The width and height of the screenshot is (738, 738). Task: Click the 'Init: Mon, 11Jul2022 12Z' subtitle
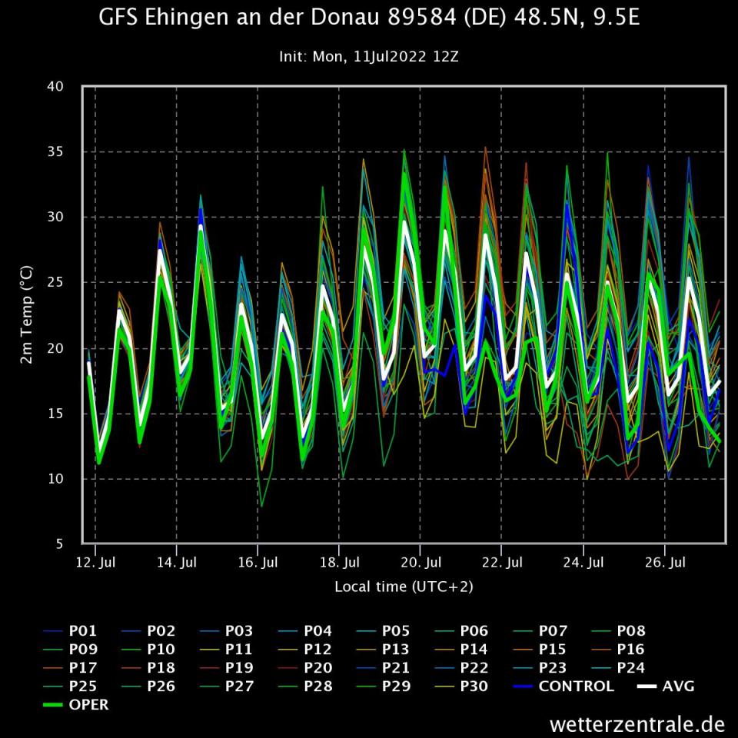click(x=369, y=56)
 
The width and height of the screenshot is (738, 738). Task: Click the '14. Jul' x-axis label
click(x=177, y=562)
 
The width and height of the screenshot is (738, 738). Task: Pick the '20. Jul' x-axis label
click(x=421, y=562)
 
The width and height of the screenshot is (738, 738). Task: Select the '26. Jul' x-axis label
click(x=665, y=562)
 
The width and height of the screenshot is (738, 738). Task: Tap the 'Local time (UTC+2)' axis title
click(x=404, y=587)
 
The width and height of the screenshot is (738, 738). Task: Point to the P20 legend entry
click(x=317, y=667)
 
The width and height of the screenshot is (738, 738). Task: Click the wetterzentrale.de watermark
click(x=637, y=724)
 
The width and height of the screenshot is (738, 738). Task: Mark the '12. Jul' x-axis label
click(x=95, y=562)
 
